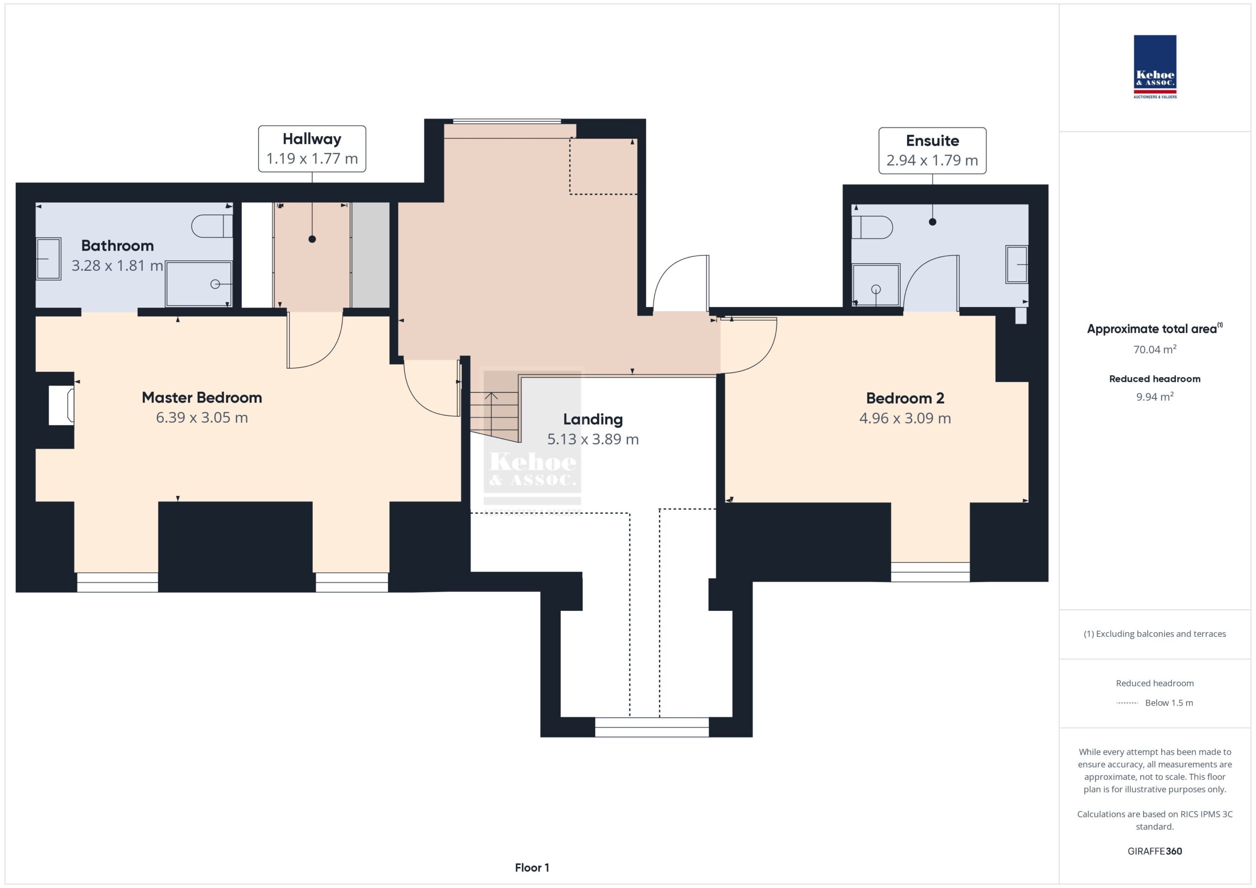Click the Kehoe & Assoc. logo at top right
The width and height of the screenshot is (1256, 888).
point(1155,67)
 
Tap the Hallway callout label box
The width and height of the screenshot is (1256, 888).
point(312,149)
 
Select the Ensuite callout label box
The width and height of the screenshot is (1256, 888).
point(932,151)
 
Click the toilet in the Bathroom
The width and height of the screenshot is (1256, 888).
point(212,226)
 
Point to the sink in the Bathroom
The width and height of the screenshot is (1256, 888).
point(49,258)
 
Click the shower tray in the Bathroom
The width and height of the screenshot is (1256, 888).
point(199,284)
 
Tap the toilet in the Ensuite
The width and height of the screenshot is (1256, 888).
point(872,228)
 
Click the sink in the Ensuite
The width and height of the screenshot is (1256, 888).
point(1017,265)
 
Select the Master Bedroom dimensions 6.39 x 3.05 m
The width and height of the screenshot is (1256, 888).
point(202,418)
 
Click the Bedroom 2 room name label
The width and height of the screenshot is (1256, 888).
point(905,398)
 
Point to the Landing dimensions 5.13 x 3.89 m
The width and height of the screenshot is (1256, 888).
point(593,439)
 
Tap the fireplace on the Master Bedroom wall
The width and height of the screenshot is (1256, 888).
point(61,405)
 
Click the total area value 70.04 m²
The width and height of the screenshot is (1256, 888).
point(1155,349)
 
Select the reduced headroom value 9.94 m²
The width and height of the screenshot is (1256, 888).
point(1155,396)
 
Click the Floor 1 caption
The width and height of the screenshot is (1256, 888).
point(532,867)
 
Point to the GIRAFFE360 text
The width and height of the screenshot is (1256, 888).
point(1155,851)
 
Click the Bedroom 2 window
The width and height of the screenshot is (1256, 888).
point(930,572)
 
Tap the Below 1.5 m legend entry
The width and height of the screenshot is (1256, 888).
point(1155,703)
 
